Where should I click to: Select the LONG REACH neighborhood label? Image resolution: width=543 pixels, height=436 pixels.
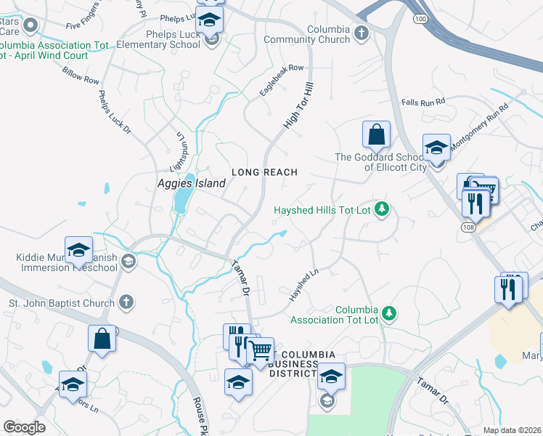point(264,172)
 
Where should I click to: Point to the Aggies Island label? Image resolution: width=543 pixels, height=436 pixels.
point(192,184)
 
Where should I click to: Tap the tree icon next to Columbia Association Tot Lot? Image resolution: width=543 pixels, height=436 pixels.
point(390,313)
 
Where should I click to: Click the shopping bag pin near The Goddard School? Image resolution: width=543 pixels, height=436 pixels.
point(376,135)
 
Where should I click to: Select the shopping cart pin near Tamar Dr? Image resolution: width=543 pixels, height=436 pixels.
point(260,351)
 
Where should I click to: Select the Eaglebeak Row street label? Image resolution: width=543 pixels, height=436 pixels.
point(282,81)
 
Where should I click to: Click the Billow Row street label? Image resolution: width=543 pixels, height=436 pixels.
point(81,76)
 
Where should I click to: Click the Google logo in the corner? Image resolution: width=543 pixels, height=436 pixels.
point(24,427)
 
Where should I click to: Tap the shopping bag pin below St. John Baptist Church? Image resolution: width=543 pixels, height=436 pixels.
point(102,339)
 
